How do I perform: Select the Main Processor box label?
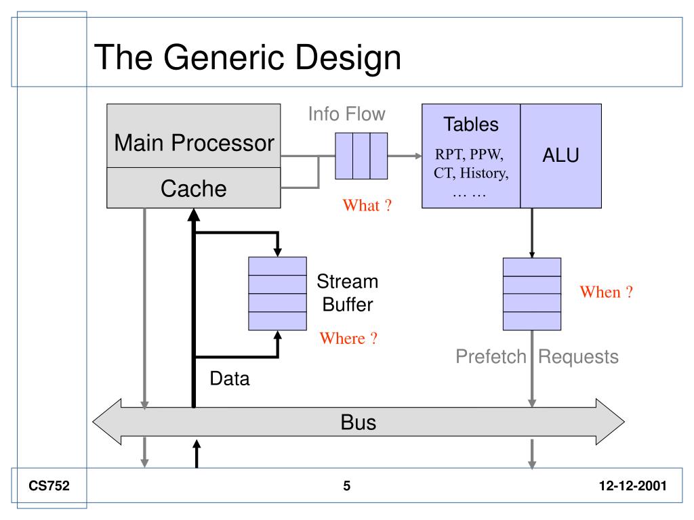tap(194, 143)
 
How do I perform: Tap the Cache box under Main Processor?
tap(194, 188)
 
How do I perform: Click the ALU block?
tap(560, 156)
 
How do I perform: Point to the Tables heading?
tap(471, 125)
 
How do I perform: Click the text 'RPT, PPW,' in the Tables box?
tap(469, 154)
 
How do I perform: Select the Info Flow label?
tap(346, 114)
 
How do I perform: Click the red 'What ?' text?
tap(367, 205)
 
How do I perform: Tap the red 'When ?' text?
tap(607, 292)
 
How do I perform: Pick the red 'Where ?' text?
tap(348, 339)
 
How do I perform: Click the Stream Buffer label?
tap(348, 292)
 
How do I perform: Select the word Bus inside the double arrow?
tap(358, 422)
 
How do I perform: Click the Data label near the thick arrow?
tap(230, 378)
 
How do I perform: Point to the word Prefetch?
tap(491, 356)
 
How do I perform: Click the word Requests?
tap(578, 356)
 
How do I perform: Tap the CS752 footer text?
tap(49, 485)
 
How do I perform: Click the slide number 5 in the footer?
tap(346, 486)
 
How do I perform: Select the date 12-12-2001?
tap(632, 486)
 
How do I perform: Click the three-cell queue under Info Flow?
tap(361, 156)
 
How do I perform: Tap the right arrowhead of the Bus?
tap(610, 422)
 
